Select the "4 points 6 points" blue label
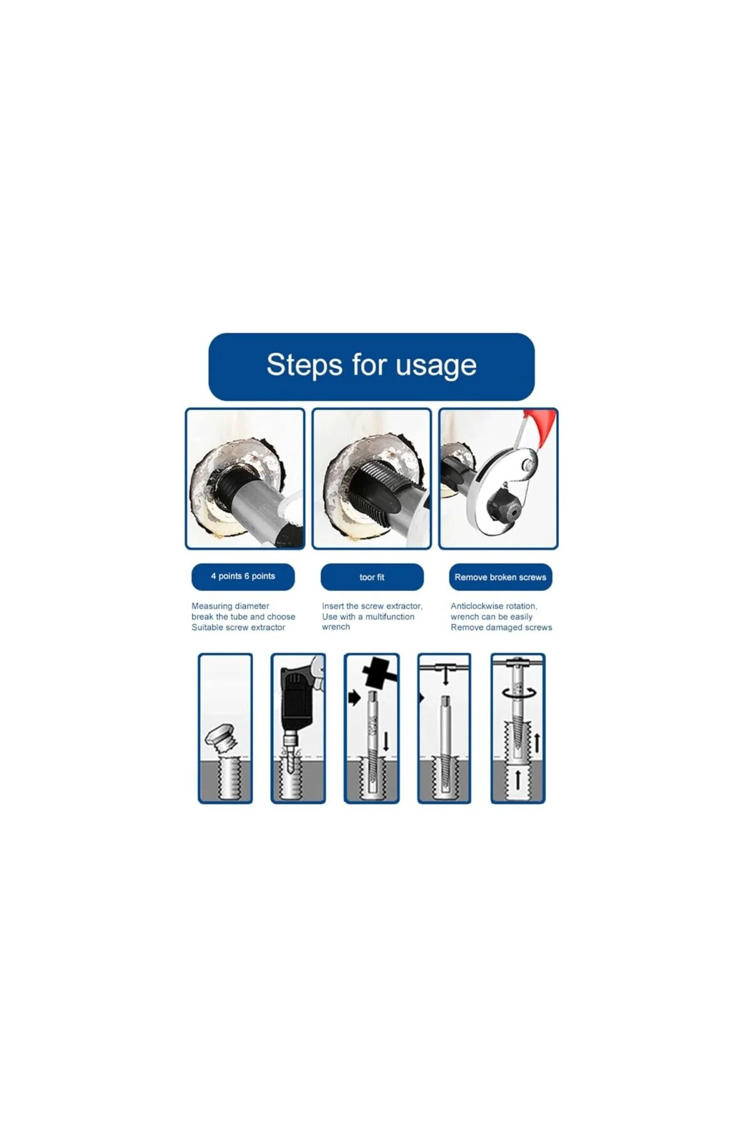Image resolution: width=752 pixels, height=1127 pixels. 243,577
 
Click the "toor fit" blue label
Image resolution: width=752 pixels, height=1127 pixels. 372,577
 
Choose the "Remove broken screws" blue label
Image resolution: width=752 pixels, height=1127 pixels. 500,577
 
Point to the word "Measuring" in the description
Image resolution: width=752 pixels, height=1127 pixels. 212,606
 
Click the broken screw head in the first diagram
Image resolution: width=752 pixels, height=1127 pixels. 220,737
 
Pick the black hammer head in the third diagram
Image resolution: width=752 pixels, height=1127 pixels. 379,673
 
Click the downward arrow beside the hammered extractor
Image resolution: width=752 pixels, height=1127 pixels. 386,741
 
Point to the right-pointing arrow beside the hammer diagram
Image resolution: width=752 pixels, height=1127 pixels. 355,697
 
